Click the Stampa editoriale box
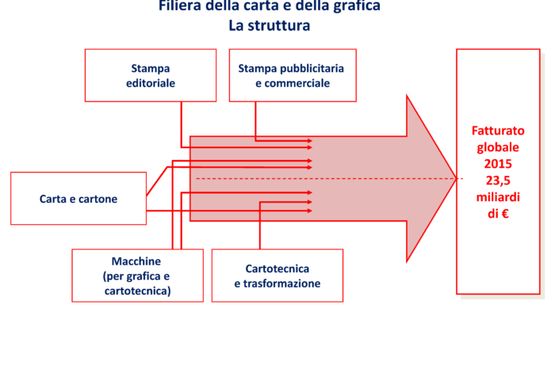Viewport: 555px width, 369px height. pos(151,75)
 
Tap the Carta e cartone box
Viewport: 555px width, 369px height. pos(78,199)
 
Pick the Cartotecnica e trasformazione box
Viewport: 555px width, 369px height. pos(277,276)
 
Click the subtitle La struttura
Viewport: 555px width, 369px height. pos(269,25)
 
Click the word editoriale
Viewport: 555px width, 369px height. pos(151,83)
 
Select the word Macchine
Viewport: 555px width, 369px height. pos(136,261)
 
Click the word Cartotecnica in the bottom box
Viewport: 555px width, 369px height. pos(277,268)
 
